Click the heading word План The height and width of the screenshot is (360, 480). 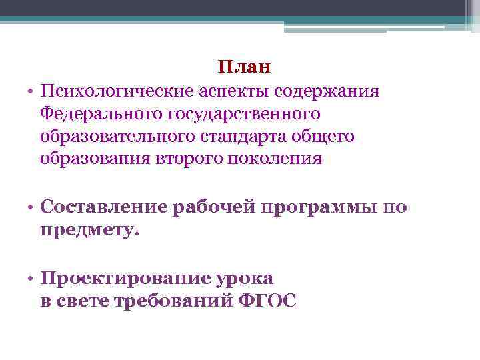[x=245, y=67]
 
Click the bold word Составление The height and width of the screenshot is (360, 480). [x=104, y=207]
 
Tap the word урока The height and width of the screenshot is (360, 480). [x=247, y=278]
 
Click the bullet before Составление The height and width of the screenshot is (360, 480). [x=31, y=207]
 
